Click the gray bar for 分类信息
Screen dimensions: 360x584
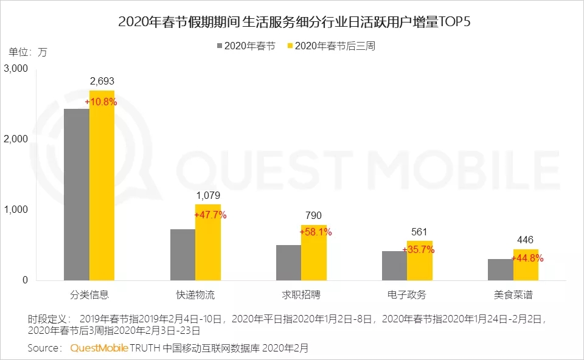pyautogui.click(x=77, y=195)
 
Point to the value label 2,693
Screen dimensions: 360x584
pyautogui.click(x=102, y=81)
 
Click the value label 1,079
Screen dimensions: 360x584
pyautogui.click(x=207, y=196)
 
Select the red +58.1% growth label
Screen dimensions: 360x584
pyautogui.click(x=316, y=232)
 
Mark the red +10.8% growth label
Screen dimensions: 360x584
pyautogui.click(x=101, y=102)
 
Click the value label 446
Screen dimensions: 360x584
pyautogui.click(x=525, y=240)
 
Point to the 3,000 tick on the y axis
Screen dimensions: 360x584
pyautogui.click(x=16, y=69)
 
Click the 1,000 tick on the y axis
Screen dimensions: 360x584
pyautogui.click(x=16, y=210)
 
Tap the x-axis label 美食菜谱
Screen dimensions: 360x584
pyautogui.click(x=513, y=296)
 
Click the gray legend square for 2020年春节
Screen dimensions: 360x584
pyautogui.click(x=221, y=46)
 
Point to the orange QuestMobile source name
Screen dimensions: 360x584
pyautogui.click(x=99, y=348)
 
